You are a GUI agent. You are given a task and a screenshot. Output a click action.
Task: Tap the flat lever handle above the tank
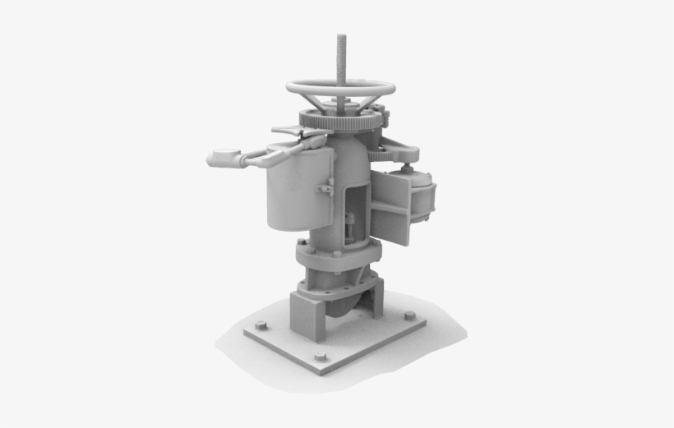[289, 130]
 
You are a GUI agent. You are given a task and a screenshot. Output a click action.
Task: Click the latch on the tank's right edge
[325, 190]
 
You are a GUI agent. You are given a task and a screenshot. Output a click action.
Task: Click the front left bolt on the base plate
[261, 325]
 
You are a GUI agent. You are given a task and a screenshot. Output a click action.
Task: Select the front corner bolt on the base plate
[320, 357]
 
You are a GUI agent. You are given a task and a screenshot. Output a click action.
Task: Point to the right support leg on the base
[376, 301]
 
